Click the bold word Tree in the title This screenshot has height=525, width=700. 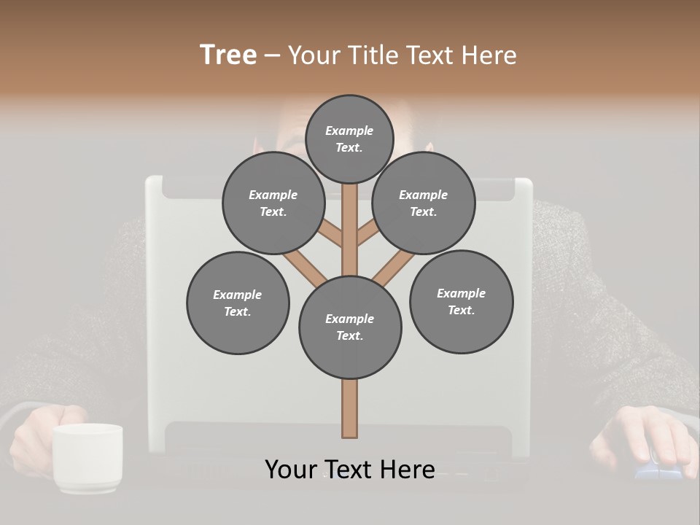(228, 55)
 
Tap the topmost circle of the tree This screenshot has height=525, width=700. (349, 139)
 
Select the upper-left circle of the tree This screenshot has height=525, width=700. (273, 203)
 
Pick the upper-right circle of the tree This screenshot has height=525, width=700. (424, 203)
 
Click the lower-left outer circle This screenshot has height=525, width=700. (238, 303)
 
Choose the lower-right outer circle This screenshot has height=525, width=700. (461, 301)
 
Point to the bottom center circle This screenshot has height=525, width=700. (350, 327)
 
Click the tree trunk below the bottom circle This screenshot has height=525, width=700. (350, 408)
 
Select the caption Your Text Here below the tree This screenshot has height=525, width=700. (350, 470)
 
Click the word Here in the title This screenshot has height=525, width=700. (489, 55)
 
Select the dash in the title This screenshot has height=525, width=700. (272, 56)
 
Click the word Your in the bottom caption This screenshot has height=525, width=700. (290, 470)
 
